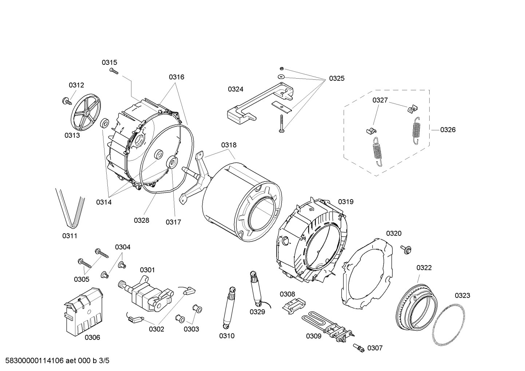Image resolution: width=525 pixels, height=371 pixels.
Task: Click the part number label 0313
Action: pyautogui.click(x=72, y=135)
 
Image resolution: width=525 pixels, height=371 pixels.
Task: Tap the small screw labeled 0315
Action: pyautogui.click(x=114, y=71)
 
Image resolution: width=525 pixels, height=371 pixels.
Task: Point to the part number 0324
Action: pyautogui.click(x=236, y=89)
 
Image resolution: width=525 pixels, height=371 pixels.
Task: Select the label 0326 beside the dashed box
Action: pyautogui.click(x=447, y=130)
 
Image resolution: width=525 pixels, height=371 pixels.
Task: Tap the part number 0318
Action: pyautogui.click(x=229, y=145)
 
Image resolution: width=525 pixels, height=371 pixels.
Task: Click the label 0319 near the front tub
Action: pyautogui.click(x=346, y=202)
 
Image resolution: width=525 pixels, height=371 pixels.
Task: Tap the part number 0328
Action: pyautogui.click(x=141, y=220)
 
